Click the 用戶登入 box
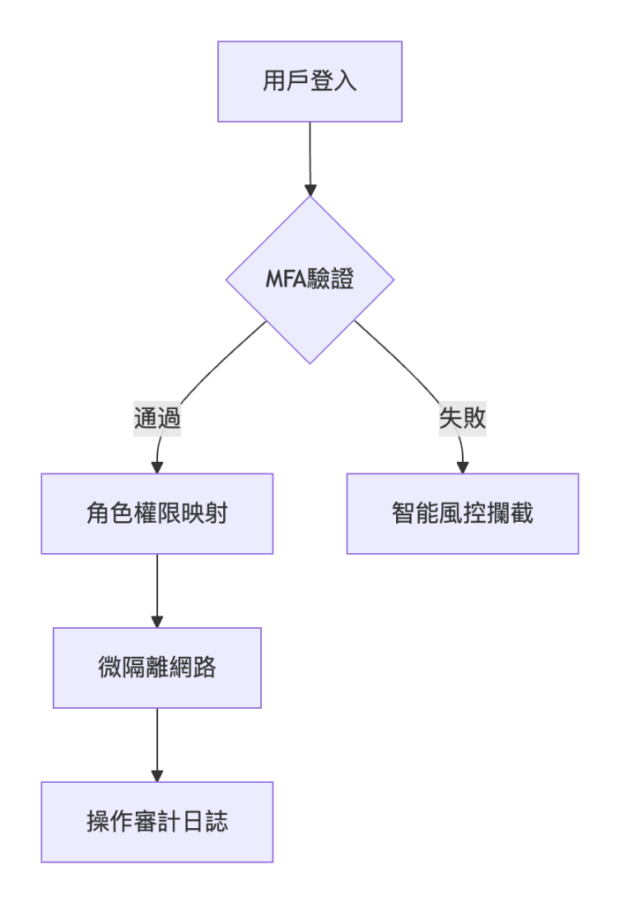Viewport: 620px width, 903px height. [310, 81]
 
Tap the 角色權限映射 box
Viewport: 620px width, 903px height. [157, 513]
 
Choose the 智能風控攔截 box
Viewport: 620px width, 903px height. [462, 513]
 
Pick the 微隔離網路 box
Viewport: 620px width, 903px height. [157, 668]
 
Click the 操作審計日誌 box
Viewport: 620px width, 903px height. [157, 822]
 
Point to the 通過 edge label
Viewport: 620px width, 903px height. [157, 419]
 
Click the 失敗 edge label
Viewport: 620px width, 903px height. [462, 419]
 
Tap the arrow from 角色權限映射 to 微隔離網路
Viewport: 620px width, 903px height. [157, 589]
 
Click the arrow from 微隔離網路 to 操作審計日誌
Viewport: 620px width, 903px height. [157, 743]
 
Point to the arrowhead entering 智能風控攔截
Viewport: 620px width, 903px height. [462, 466]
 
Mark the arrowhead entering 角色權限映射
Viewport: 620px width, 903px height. [157, 466]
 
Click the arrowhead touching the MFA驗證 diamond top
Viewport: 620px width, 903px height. [310, 189]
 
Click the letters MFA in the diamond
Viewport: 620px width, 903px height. [285, 280]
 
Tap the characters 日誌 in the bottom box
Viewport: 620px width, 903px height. [208, 822]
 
